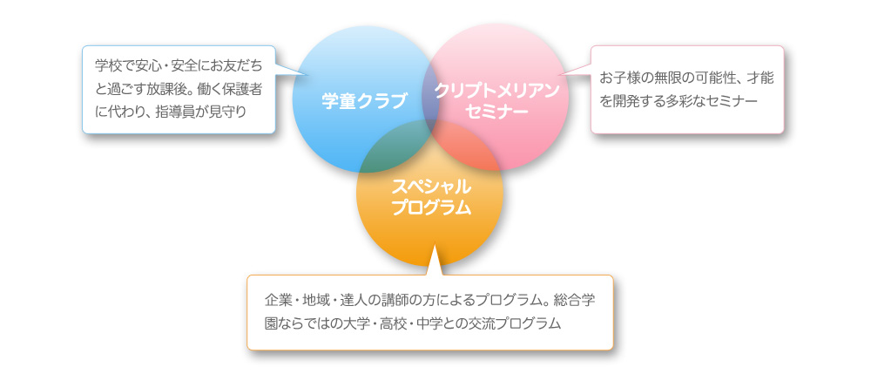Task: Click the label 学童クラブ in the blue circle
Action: pos(364,100)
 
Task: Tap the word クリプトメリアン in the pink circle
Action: pos(496,91)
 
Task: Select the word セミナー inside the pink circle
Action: pos(496,112)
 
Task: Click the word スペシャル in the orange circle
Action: pos(431,187)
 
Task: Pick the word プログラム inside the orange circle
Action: pos(431,207)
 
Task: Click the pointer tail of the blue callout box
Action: pos(292,70)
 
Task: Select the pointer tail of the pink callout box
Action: pos(575,69)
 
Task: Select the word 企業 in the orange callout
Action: pos(279,300)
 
